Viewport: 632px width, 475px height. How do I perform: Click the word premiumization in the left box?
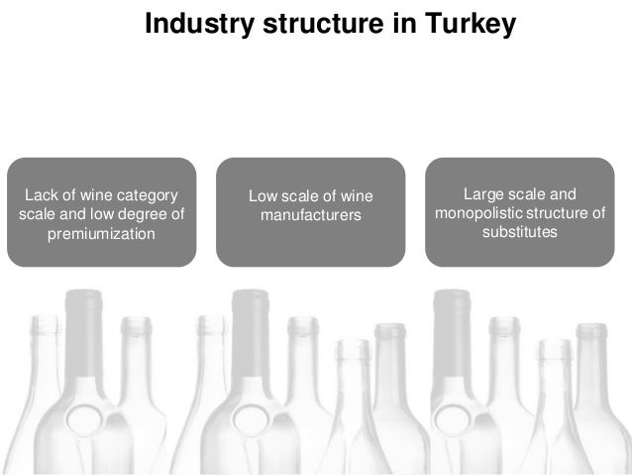pyautogui.click(x=102, y=233)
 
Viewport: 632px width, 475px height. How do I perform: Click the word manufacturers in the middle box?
pyautogui.click(x=311, y=214)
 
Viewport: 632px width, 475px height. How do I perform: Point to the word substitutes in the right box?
pyautogui.click(x=520, y=233)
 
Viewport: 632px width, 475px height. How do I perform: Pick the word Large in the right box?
pyautogui.click(x=483, y=193)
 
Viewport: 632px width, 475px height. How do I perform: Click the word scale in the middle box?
pyautogui.click(x=302, y=194)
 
